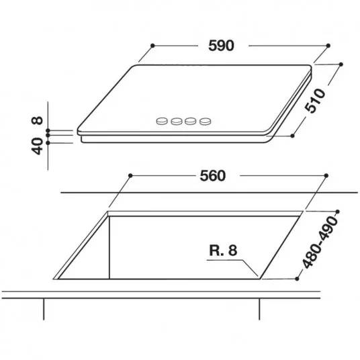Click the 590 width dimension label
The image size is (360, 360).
pyautogui.click(x=221, y=46)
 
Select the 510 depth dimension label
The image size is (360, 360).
pyautogui.click(x=315, y=101)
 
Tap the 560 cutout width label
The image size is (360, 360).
pyautogui.click(x=213, y=176)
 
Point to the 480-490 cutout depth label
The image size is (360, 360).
pyautogui.click(x=320, y=242)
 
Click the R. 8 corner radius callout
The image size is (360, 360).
pyautogui.click(x=223, y=251)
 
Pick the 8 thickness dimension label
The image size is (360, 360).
pyautogui.click(x=37, y=120)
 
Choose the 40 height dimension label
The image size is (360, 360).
pyautogui.click(x=37, y=146)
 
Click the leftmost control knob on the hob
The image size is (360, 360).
pyautogui.click(x=162, y=121)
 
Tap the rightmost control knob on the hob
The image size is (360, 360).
pyautogui.click(x=205, y=121)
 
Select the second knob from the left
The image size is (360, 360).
pyautogui.click(x=177, y=121)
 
